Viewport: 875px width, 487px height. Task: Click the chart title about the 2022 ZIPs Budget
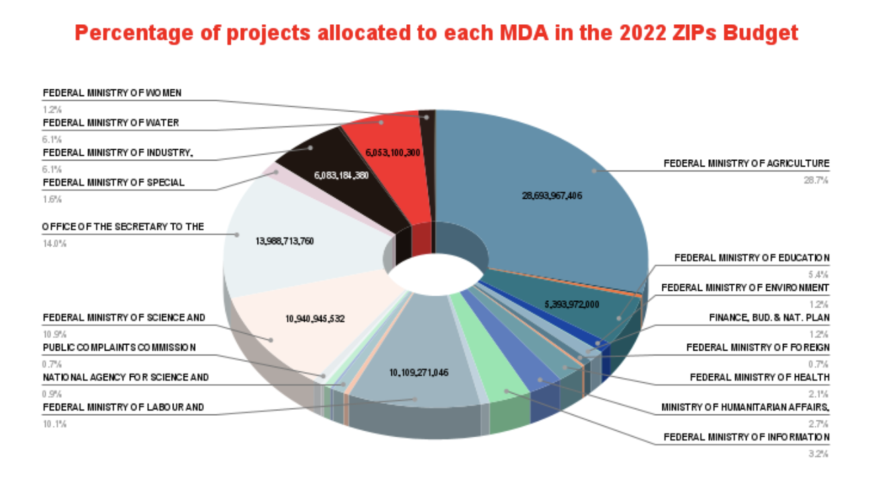click(436, 33)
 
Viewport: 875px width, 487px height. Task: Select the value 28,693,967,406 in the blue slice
click(551, 196)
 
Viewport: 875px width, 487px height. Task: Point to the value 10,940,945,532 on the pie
click(315, 319)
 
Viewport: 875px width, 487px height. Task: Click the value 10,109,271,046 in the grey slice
click(418, 372)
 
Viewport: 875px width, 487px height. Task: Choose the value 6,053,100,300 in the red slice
click(393, 153)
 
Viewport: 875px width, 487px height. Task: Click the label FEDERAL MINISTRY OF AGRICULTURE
click(747, 163)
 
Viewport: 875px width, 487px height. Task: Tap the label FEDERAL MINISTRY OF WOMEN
click(113, 92)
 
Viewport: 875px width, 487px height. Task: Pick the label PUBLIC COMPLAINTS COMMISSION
click(120, 347)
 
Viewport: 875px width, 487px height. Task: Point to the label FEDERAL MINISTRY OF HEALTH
click(759, 378)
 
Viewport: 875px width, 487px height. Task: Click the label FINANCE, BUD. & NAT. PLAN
click(769, 318)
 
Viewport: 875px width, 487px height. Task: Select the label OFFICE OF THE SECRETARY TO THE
click(123, 227)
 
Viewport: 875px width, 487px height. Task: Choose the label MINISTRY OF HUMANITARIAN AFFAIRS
click(745, 407)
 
